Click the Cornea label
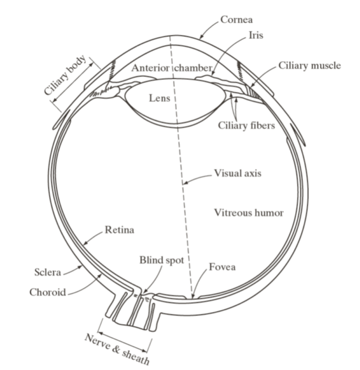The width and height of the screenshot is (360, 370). click(236, 20)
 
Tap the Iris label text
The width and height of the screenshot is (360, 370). click(256, 35)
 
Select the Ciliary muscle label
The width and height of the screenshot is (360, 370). click(309, 65)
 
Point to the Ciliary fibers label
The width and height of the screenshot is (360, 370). click(246, 125)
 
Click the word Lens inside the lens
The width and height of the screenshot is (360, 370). click(159, 98)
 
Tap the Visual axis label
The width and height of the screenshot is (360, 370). click(237, 173)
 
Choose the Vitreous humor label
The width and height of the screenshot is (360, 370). click(249, 213)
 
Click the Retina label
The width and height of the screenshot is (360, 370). click(119, 229)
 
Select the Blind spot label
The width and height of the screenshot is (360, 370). click(162, 260)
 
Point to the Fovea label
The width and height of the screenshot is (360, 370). click(222, 266)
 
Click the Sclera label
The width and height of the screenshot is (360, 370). click(48, 272)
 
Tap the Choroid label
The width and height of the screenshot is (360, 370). click(48, 292)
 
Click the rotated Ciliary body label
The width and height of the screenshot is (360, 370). click(65, 75)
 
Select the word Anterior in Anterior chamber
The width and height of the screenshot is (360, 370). click(150, 68)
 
